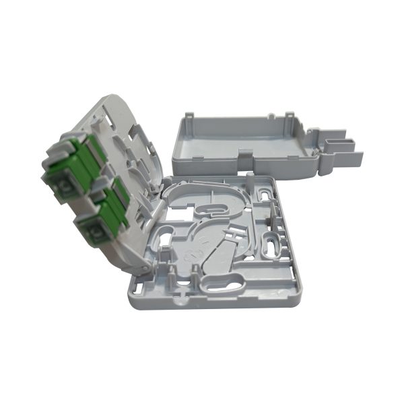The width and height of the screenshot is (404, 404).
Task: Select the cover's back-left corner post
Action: pos(189,119)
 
